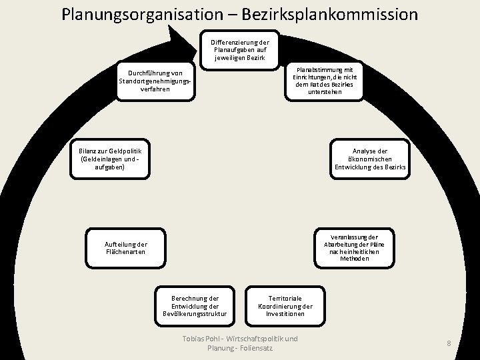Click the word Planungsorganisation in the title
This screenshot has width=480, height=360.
pos(143,15)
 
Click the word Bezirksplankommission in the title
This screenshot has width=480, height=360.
pos(330,15)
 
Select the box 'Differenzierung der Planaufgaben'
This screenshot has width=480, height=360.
pos(240,50)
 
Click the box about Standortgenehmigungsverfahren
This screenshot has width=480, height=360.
pos(155,81)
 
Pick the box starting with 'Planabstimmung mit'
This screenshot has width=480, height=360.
pos(324,81)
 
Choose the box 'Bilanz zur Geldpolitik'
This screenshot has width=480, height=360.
pos(110,159)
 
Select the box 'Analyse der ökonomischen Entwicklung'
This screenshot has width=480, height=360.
pos(370,159)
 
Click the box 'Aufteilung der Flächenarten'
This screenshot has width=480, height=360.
pos(125,248)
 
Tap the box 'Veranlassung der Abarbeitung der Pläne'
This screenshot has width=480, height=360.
pos(354,248)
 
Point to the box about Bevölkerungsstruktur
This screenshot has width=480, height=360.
pos(195,306)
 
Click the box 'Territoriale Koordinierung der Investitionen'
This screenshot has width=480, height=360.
pos(285,306)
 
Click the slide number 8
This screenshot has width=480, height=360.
pos(449,343)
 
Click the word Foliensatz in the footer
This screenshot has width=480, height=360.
pos(256,348)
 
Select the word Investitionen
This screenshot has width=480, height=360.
pos(285,314)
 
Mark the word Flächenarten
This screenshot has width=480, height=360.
pos(125,252)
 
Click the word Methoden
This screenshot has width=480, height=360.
pos(354,259)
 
